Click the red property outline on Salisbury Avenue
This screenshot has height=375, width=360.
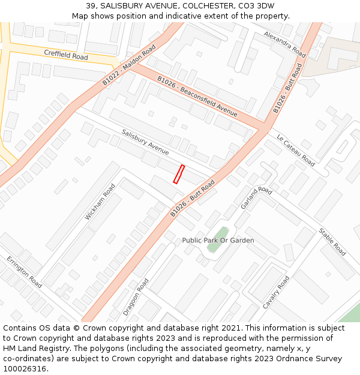179,173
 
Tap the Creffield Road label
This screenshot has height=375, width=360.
65,55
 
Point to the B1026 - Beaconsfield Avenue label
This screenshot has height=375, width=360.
197,96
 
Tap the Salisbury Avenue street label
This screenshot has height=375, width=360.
145,142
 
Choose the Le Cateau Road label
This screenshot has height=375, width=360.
295,151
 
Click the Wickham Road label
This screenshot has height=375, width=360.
100,202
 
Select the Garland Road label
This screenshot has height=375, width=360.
256,198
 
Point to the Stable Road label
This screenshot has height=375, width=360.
332,241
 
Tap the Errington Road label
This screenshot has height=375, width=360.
25,272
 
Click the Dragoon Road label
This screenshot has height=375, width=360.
136,297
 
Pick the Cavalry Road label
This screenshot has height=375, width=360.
276,293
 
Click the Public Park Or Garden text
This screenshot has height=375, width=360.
218,241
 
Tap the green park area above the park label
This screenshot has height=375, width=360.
221,232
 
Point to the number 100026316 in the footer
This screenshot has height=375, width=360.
25,368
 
